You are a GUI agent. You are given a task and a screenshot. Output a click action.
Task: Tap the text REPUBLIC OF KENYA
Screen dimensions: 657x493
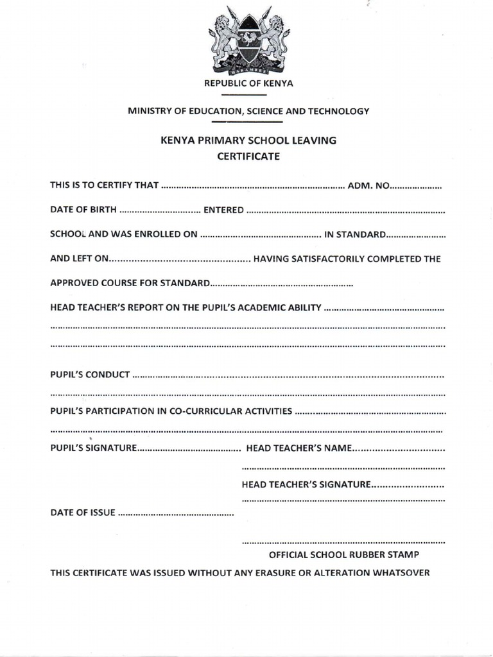click(x=248, y=83)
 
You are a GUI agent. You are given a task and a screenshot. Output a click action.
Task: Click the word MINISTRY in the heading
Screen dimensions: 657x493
click(x=148, y=111)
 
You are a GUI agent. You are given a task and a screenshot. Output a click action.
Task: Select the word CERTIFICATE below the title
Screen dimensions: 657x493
click(x=248, y=156)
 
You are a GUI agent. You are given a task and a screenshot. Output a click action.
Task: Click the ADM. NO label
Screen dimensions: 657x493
click(x=368, y=186)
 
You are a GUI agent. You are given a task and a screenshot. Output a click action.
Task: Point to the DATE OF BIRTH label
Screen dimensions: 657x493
click(x=83, y=210)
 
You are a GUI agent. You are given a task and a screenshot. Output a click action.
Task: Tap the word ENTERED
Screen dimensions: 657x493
click(x=223, y=210)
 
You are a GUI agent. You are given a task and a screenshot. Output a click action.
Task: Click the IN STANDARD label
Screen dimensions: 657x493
click(x=354, y=234)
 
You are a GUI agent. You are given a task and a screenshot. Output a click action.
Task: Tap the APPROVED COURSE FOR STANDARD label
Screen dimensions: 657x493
click(x=130, y=283)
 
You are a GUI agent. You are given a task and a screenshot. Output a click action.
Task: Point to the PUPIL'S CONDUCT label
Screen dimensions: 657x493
click(x=90, y=374)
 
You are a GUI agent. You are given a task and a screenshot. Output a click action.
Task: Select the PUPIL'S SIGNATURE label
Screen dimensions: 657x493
click(x=93, y=448)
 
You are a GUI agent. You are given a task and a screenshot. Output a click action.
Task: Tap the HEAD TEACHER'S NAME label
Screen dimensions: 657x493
click(x=298, y=448)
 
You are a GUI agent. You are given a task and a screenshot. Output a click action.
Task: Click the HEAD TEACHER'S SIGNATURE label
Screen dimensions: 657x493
click(x=306, y=484)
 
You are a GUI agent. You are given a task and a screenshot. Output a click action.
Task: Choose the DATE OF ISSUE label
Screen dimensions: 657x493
click(x=83, y=513)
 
